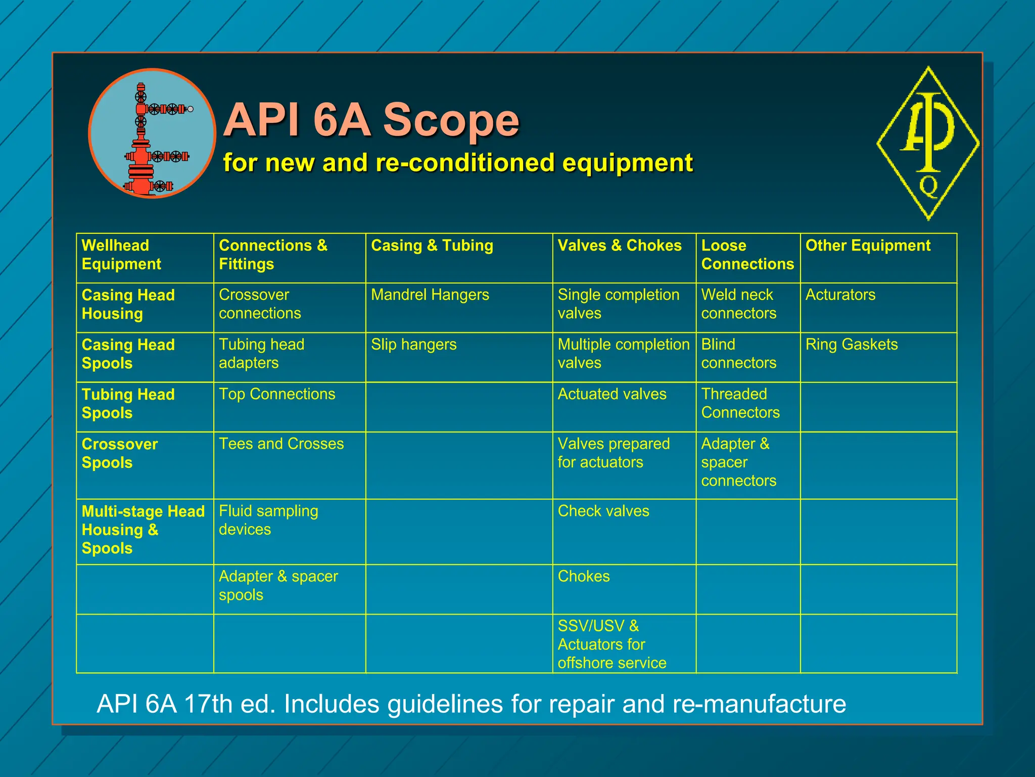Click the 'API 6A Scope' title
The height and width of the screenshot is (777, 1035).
tap(371, 120)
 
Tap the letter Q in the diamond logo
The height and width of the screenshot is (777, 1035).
tap(928, 187)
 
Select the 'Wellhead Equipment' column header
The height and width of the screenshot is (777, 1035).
tap(121, 254)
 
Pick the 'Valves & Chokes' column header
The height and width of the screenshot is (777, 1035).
tap(619, 245)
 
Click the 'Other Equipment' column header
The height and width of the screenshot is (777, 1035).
tap(867, 245)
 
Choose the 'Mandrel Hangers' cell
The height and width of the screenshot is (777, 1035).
tap(430, 294)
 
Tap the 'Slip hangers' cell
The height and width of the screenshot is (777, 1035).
tap(413, 344)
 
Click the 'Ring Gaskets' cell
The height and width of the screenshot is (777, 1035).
tap(851, 344)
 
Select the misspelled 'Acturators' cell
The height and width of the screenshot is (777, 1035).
tap(840, 294)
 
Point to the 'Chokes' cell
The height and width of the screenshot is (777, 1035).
tap(583, 576)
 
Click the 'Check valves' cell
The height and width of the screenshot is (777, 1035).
tap(603, 511)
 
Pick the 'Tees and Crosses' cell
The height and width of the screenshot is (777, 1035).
tap(281, 444)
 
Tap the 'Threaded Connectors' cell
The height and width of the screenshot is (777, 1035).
tap(740, 403)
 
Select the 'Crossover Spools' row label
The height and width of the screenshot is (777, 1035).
tap(120, 453)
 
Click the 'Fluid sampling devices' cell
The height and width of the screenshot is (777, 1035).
tap(268, 520)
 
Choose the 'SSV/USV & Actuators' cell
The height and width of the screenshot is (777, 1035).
tap(611, 644)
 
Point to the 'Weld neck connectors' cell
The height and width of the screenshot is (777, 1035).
tap(738, 304)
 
